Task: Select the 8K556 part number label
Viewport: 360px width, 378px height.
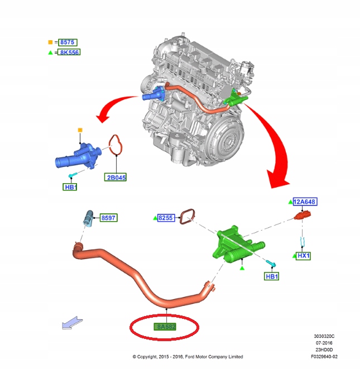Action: coord(70,52)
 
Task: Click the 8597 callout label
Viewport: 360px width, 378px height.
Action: coord(108,218)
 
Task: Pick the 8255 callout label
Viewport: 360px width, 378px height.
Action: coord(166,218)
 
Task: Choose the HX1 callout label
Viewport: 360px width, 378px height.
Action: coord(303,255)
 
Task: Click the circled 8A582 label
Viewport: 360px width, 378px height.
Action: coord(165,326)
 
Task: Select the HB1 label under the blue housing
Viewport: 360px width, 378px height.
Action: coord(70,187)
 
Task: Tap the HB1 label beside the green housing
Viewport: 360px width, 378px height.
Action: coord(272,276)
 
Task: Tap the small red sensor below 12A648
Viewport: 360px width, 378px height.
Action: coord(303,216)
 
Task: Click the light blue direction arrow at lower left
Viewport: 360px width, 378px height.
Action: coord(71,323)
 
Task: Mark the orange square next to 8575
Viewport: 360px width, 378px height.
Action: coord(50,42)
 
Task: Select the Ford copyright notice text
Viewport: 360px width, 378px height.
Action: coord(188,356)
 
